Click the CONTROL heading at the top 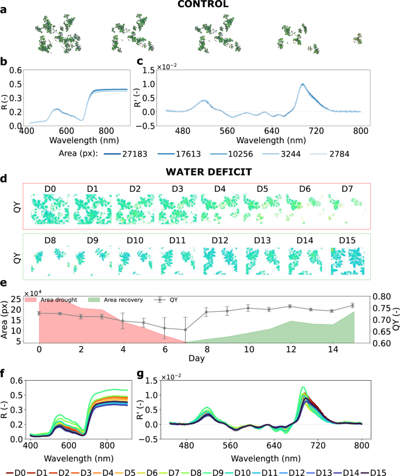[x=200, y=5]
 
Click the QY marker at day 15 [x=353, y=305]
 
